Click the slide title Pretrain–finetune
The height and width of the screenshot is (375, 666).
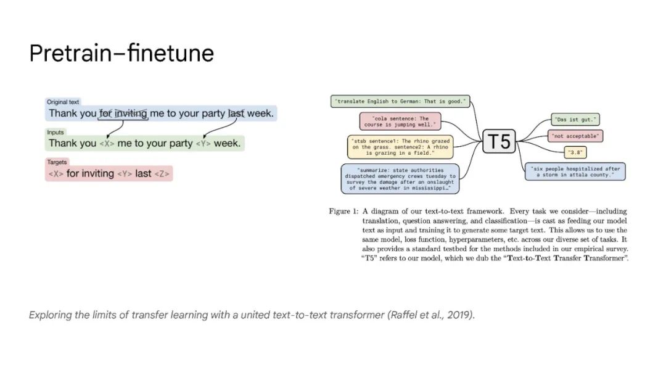click(x=121, y=54)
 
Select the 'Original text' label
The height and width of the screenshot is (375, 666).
click(x=63, y=102)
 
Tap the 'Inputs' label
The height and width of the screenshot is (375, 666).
click(x=55, y=132)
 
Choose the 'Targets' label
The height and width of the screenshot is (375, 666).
click(x=57, y=162)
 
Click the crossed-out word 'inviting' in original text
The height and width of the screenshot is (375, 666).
click(x=131, y=113)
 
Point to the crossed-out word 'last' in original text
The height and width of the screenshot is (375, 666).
click(x=236, y=113)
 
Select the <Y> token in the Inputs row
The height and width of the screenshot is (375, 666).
click(x=203, y=144)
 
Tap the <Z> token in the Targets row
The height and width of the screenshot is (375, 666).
click(x=162, y=174)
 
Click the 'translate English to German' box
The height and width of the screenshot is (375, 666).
click(x=400, y=101)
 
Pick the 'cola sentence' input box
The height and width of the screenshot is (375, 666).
click(x=401, y=121)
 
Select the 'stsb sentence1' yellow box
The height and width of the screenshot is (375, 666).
click(x=400, y=148)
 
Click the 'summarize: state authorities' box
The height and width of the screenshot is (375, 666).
click(x=400, y=178)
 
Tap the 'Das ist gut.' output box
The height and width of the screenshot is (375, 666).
click(x=575, y=120)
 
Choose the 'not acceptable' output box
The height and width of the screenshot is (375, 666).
click(x=575, y=136)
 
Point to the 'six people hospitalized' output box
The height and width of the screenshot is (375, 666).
click(x=575, y=171)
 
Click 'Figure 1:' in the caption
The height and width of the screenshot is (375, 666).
click(x=343, y=212)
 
